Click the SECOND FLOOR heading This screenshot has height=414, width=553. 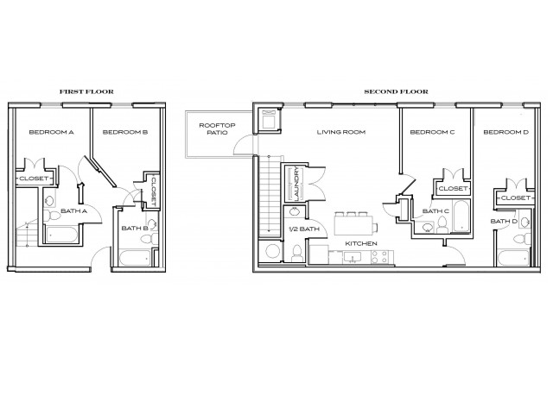(395, 91)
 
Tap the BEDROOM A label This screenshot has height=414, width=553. (51, 133)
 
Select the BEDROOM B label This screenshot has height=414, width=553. (124, 133)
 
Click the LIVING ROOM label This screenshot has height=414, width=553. (341, 133)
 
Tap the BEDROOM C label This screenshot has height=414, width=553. (432, 133)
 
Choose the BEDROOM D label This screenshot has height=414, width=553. (505, 133)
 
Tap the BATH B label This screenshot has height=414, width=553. (132, 229)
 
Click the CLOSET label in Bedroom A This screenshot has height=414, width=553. (34, 179)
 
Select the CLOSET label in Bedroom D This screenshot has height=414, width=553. (515, 198)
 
